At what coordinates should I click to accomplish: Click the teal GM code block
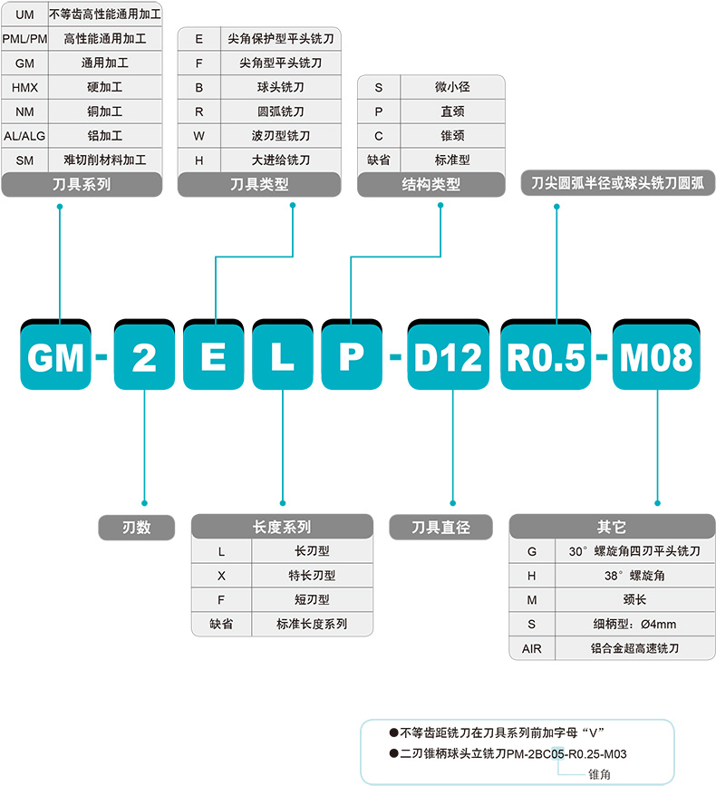56,358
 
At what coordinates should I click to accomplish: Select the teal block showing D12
447,358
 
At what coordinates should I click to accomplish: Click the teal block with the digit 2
143,358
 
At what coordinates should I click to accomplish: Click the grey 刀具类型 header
259,185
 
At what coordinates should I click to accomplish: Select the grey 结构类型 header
431,185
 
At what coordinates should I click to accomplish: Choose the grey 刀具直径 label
440,527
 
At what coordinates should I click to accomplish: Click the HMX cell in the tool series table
25,88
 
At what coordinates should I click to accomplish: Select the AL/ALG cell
25,136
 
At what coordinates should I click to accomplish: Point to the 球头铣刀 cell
281,88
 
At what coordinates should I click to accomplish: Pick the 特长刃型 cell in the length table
312,575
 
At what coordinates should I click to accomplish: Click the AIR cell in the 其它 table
532,648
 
